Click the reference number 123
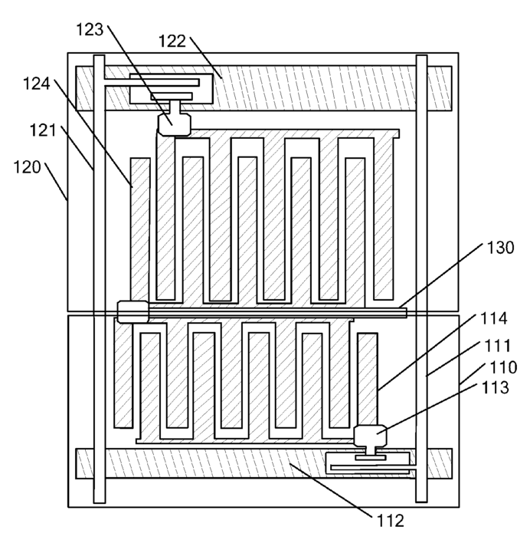pos(90,30)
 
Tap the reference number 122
pos(172,41)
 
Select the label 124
pos(37,84)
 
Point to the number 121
pos(43,130)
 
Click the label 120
pos(27,167)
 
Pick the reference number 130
pos(500,248)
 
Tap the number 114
pos(493,318)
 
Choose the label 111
pos(497,346)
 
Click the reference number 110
pos(503,367)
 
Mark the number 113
pos(496,388)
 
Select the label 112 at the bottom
pos(391,521)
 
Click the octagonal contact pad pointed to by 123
pos(174,125)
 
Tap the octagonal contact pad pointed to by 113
pos(370,436)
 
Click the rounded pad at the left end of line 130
pos(132,312)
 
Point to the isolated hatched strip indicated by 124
pos(140,229)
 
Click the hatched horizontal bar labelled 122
pos(263,88)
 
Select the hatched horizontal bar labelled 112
pos(263,463)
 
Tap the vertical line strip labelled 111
pos(422,278)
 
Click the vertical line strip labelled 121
pos(99,279)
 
